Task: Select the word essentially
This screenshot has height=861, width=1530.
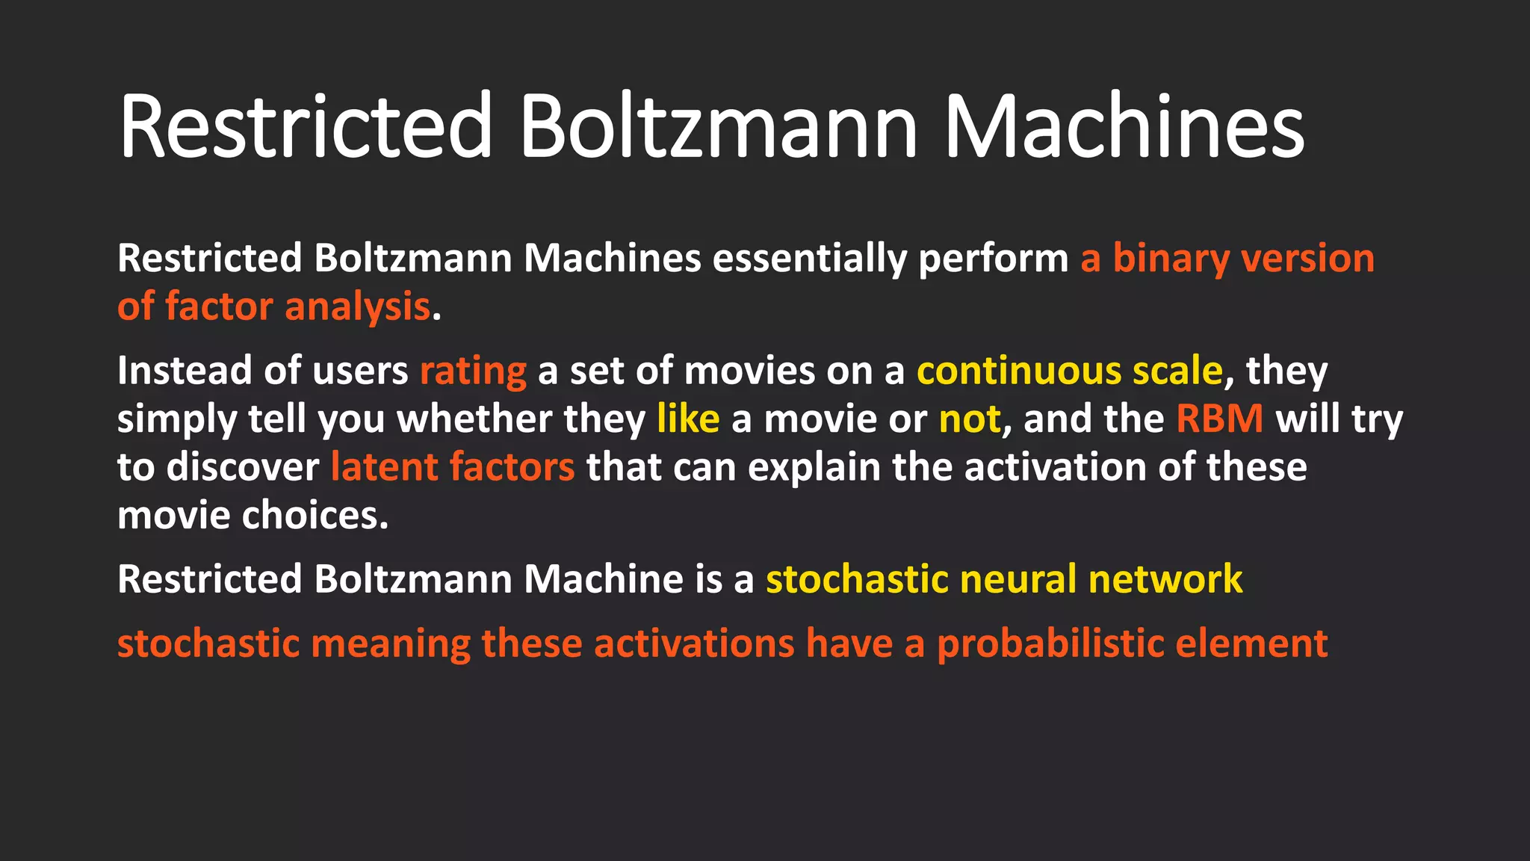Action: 810,259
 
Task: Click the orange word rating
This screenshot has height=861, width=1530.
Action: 473,371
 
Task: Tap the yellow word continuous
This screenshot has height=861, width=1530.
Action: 1019,371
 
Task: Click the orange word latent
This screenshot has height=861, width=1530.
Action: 384,467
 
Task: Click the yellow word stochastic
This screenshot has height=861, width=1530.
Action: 857,579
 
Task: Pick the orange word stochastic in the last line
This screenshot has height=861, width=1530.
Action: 208,644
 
